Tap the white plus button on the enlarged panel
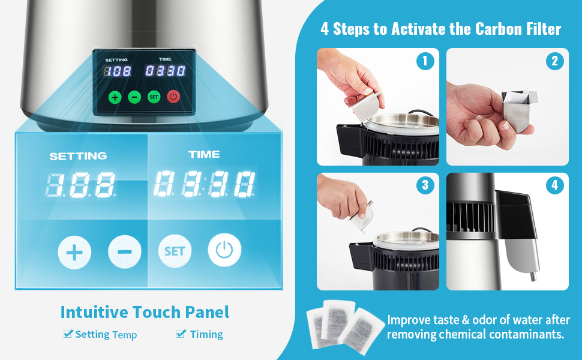(x=74, y=253)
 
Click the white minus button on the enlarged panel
(x=125, y=251)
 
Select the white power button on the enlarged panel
(x=224, y=250)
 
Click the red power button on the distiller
(x=173, y=97)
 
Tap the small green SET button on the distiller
(x=154, y=97)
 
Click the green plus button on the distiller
(x=115, y=97)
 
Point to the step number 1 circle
(x=425, y=61)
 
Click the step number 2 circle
(x=555, y=61)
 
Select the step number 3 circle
(x=425, y=185)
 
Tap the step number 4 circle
(x=555, y=185)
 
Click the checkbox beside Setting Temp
(x=68, y=333)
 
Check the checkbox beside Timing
(x=181, y=333)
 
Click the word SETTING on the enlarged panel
(x=78, y=156)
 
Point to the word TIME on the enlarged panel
(x=204, y=154)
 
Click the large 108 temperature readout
(x=80, y=184)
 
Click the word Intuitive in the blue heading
(x=94, y=312)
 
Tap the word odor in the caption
(x=485, y=320)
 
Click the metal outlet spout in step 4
(x=533, y=276)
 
